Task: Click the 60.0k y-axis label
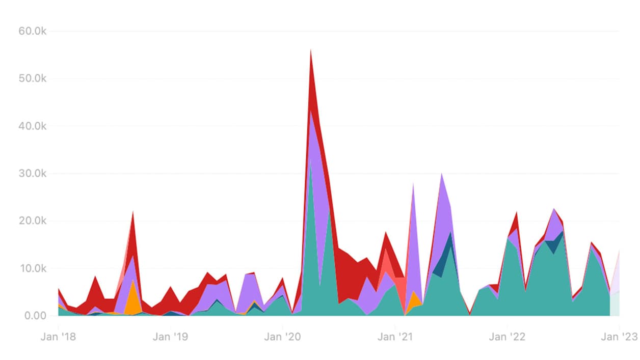pyautogui.click(x=32, y=31)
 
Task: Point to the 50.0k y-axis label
pyautogui.click(x=32, y=79)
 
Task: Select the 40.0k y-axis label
pyautogui.click(x=32, y=126)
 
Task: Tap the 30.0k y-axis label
pyautogui.click(x=32, y=174)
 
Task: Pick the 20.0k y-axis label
pyautogui.click(x=32, y=221)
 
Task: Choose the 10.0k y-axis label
pyautogui.click(x=32, y=268)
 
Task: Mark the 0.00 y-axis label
pyautogui.click(x=34, y=316)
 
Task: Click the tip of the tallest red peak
pyautogui.click(x=311, y=51)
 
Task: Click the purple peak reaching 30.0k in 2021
pyautogui.click(x=442, y=176)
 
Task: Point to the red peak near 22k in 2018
pyautogui.click(x=133, y=214)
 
